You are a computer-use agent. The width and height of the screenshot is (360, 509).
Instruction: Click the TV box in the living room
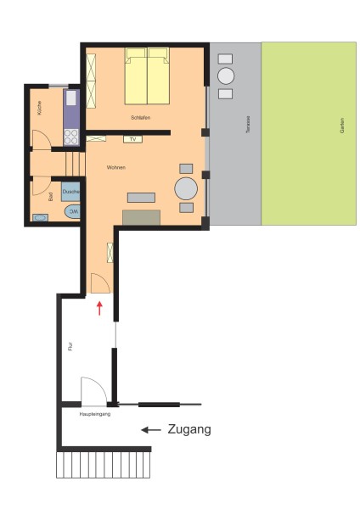(133, 139)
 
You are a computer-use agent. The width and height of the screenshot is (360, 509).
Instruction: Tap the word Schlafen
(141, 118)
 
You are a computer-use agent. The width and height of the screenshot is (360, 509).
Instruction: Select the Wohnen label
(116, 167)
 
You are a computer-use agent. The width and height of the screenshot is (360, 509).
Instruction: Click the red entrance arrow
(99, 308)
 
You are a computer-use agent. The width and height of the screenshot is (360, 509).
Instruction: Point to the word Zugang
(189, 429)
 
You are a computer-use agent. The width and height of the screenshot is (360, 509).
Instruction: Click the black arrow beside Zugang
(151, 430)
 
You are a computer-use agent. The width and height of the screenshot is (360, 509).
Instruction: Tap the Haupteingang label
(95, 414)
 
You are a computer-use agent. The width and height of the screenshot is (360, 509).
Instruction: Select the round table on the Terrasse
(226, 76)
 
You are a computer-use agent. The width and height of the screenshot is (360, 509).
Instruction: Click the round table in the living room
(186, 188)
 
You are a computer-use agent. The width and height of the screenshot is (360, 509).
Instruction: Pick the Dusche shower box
(70, 192)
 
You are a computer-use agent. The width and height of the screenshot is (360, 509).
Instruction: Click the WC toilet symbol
(72, 211)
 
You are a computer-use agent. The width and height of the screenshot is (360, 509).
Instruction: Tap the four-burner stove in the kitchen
(71, 137)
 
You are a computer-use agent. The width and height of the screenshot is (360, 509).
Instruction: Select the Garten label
(342, 126)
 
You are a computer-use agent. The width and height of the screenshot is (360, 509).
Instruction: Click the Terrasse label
(248, 125)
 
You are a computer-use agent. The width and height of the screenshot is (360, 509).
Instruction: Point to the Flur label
(70, 346)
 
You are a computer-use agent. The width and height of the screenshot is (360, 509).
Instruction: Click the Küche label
(40, 108)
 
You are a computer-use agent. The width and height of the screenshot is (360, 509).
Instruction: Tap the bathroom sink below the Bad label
(40, 217)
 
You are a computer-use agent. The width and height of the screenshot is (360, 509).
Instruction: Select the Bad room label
(51, 197)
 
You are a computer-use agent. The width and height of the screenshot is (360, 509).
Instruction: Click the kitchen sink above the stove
(71, 98)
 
